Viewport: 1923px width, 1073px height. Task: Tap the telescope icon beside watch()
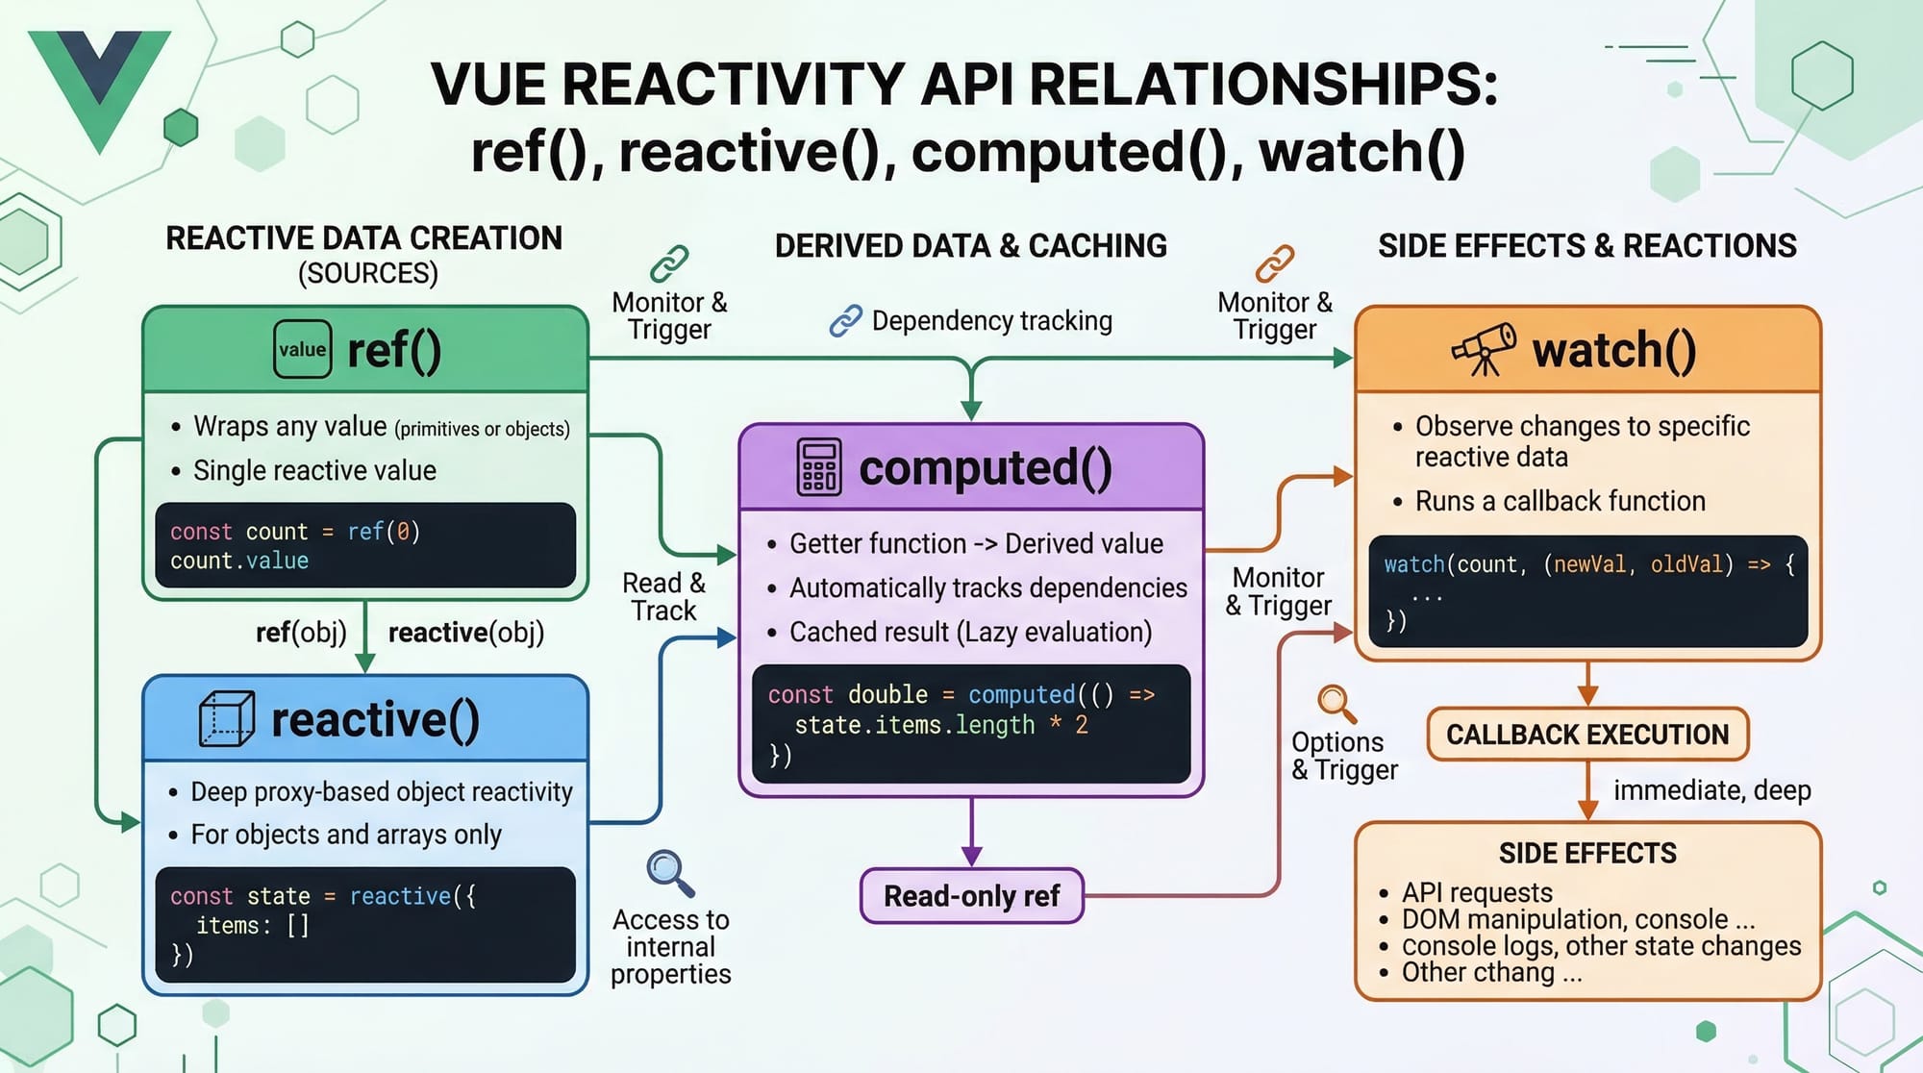pos(1484,349)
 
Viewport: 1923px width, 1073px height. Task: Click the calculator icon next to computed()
pos(819,467)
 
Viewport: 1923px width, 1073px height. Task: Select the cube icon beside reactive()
pos(227,719)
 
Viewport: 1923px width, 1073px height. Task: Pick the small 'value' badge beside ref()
pos(302,349)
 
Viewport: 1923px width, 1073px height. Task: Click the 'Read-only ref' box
pos(971,896)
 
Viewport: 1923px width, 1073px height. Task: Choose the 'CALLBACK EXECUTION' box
pos(1587,735)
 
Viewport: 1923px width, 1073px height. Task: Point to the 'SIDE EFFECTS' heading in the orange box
pos(1587,853)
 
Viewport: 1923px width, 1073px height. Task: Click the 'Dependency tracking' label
pos(991,320)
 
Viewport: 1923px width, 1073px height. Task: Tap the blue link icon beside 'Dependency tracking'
pos(845,320)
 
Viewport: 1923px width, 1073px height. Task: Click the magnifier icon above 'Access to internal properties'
pos(669,873)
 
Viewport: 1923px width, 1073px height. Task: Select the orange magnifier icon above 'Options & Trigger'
pos(1336,704)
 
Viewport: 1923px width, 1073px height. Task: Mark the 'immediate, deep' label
pos(1711,790)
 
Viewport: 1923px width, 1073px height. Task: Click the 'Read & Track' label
pos(663,596)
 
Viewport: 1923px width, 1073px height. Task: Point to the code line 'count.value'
pos(239,561)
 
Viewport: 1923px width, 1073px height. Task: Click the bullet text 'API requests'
pos(1477,892)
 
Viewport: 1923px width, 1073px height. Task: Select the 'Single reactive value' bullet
pos(314,470)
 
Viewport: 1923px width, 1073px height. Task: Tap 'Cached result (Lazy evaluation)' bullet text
pos(970,632)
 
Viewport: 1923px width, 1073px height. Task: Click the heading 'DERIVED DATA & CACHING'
pos(970,246)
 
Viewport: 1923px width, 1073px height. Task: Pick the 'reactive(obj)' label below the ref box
pos(466,633)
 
